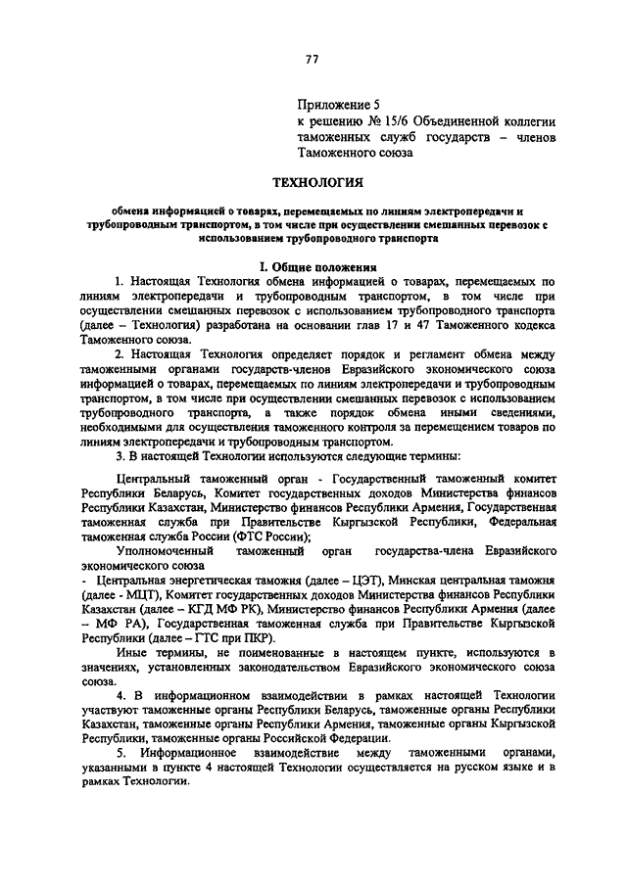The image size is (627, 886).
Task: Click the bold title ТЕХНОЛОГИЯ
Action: [313, 181]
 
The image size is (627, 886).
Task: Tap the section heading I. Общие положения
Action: [313, 265]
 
